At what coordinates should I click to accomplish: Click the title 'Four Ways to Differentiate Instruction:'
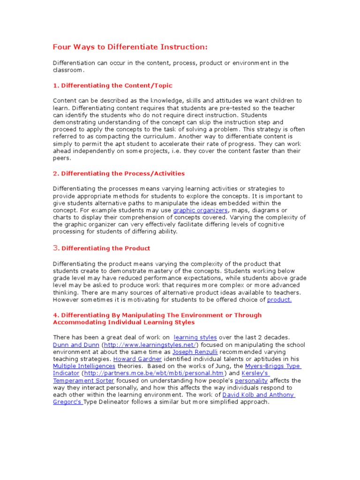tap(129, 48)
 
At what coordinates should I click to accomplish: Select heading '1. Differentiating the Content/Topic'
tap(112, 85)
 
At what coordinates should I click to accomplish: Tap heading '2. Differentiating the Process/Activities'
tap(119, 173)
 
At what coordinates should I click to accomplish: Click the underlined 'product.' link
tap(279, 300)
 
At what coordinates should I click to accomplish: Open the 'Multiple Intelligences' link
tap(84, 366)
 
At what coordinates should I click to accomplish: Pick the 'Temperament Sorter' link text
tap(83, 381)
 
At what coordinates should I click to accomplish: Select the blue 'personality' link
tap(252, 381)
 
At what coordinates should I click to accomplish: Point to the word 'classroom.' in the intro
tap(68, 70)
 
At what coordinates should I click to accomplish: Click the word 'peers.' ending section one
tap(61, 158)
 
